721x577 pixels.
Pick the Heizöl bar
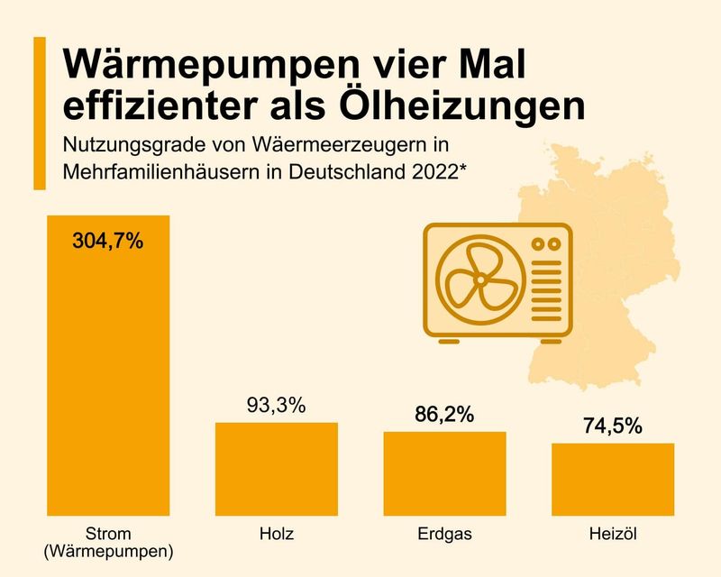pyautogui.click(x=613, y=477)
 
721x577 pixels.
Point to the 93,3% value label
pyautogui.click(x=276, y=405)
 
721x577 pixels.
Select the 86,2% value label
pyautogui.click(x=443, y=415)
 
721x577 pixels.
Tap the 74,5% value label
pyautogui.click(x=612, y=426)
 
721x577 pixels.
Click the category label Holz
pyautogui.click(x=276, y=534)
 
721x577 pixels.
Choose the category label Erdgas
pyautogui.click(x=444, y=534)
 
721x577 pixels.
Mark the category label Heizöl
pyautogui.click(x=613, y=534)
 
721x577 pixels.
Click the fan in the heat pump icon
pyautogui.click(x=479, y=279)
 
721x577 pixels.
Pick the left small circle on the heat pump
pyautogui.click(x=539, y=243)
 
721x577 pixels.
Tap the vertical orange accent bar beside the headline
pyautogui.click(x=39, y=114)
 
